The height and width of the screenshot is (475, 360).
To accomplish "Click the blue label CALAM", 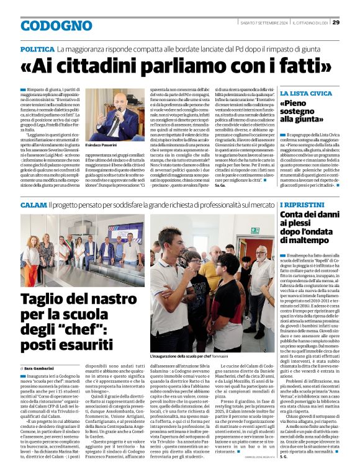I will pyautogui.click(x=33, y=204).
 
